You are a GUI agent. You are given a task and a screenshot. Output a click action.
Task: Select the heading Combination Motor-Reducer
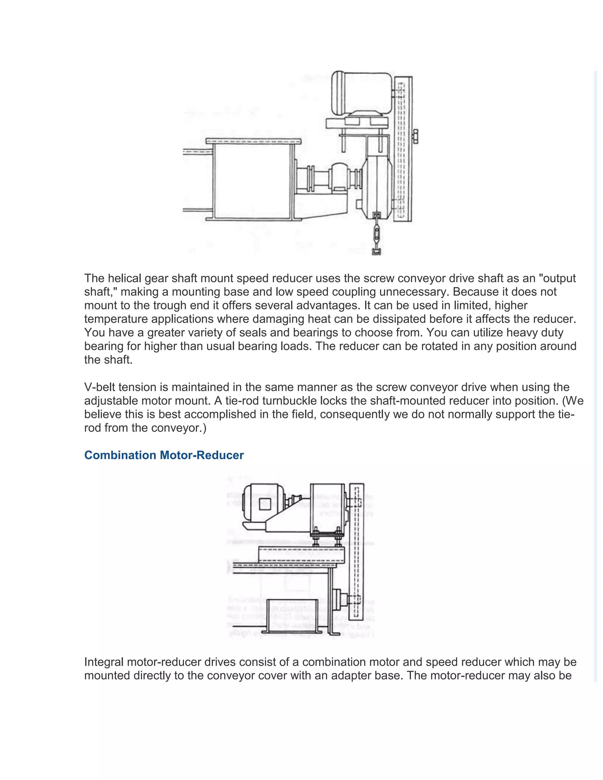click(x=164, y=455)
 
